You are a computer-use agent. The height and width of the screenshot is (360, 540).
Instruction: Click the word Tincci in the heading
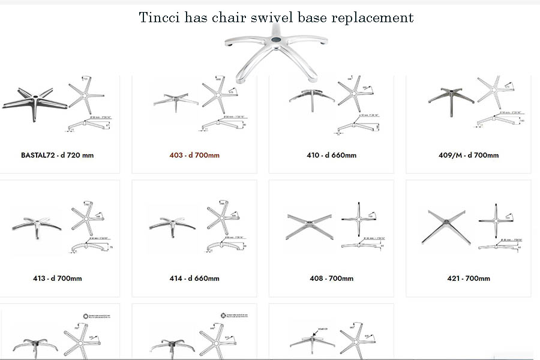(x=158, y=17)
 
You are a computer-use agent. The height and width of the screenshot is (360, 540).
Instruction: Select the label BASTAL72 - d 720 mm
(x=57, y=155)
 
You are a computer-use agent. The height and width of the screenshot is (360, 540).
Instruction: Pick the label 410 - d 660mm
(x=331, y=155)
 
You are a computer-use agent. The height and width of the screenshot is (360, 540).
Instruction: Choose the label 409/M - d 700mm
(x=469, y=155)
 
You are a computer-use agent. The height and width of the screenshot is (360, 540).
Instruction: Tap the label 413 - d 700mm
(x=58, y=278)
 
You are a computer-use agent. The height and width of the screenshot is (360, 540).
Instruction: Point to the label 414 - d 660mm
(x=194, y=278)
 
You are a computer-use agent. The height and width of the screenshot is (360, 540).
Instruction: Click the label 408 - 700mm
(x=331, y=278)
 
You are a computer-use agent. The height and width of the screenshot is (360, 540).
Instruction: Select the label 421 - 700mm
(x=469, y=278)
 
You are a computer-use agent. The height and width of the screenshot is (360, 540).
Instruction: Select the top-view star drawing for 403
(x=214, y=94)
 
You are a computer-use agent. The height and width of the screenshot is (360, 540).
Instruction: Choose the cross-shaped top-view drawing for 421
(x=496, y=222)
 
